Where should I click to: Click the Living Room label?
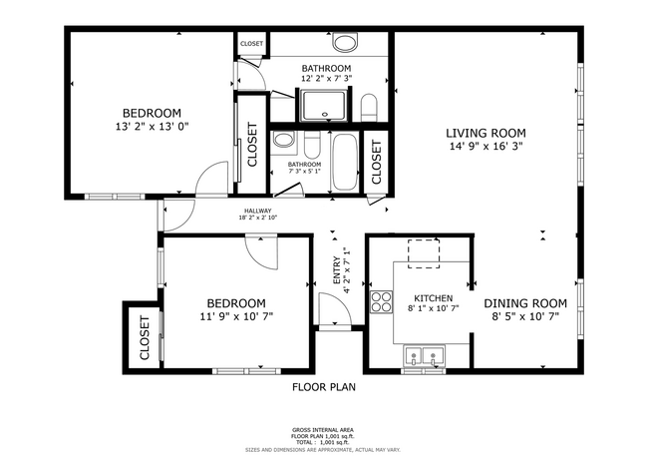point(486,133)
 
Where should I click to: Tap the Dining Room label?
point(525,303)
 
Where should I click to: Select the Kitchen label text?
point(434,298)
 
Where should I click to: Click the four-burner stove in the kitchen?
point(381,301)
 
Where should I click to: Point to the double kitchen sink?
point(424,356)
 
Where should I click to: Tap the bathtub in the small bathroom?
point(345,163)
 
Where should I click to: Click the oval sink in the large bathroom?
point(346,43)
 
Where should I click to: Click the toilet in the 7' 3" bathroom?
point(284,142)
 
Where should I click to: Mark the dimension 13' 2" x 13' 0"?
point(152,127)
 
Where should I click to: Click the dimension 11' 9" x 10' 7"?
point(235,317)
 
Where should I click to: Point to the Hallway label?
point(257,212)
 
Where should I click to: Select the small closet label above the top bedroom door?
point(251,44)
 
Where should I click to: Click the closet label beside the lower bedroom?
point(144,338)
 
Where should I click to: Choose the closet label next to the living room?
point(376,161)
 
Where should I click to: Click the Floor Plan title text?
point(324,386)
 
